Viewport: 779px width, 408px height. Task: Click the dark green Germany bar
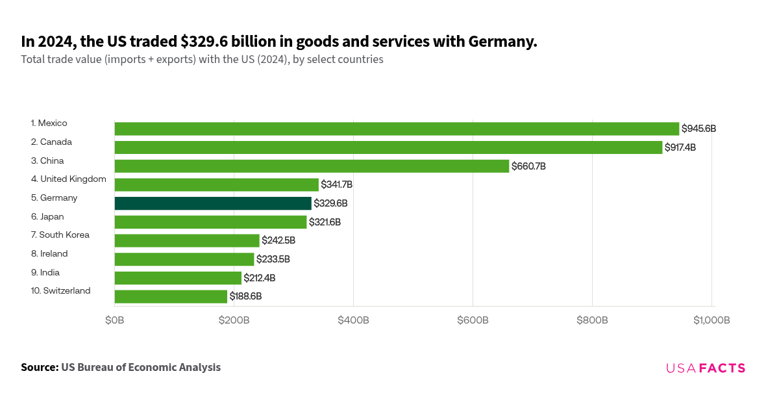(x=213, y=203)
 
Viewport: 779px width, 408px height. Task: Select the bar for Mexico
(x=397, y=129)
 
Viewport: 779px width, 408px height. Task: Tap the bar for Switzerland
(x=171, y=296)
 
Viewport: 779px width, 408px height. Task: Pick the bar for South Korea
(x=187, y=240)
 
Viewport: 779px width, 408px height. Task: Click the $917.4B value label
(x=680, y=147)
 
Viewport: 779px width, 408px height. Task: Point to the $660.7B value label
(x=528, y=166)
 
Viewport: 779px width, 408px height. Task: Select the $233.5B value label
(x=273, y=259)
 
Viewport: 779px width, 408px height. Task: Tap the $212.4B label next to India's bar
(x=259, y=278)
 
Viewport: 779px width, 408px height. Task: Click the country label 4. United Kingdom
(x=68, y=179)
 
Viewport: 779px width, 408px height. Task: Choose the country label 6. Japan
(x=47, y=216)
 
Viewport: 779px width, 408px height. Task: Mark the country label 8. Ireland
(x=49, y=253)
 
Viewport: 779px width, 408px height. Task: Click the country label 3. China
(x=47, y=160)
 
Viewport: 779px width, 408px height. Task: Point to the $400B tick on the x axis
(x=353, y=320)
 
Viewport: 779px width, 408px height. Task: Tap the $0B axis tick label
(x=115, y=320)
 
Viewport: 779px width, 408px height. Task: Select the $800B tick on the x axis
(x=592, y=320)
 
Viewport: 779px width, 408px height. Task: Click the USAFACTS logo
(x=706, y=368)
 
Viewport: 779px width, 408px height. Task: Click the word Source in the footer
(x=38, y=367)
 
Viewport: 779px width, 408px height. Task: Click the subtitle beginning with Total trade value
(x=202, y=60)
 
